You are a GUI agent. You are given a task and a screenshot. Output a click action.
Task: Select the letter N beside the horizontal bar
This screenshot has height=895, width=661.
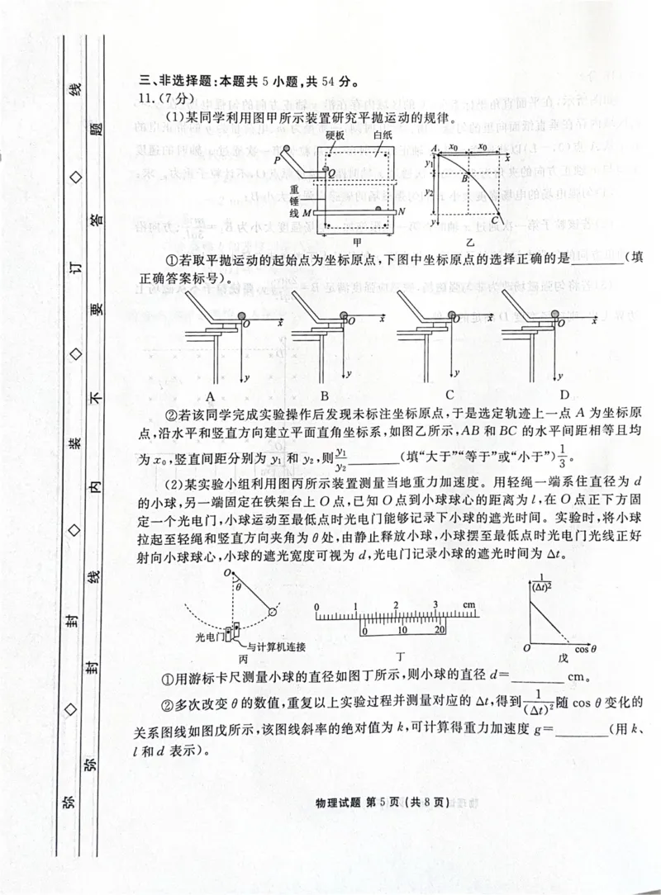coord(402,212)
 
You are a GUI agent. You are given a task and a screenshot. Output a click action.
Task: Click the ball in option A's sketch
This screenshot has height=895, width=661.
coord(241,315)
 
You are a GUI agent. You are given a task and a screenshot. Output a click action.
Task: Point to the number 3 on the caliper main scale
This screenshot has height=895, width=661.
coord(435,606)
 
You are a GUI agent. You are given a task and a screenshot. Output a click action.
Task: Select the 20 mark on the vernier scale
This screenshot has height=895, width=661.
coord(440,629)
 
